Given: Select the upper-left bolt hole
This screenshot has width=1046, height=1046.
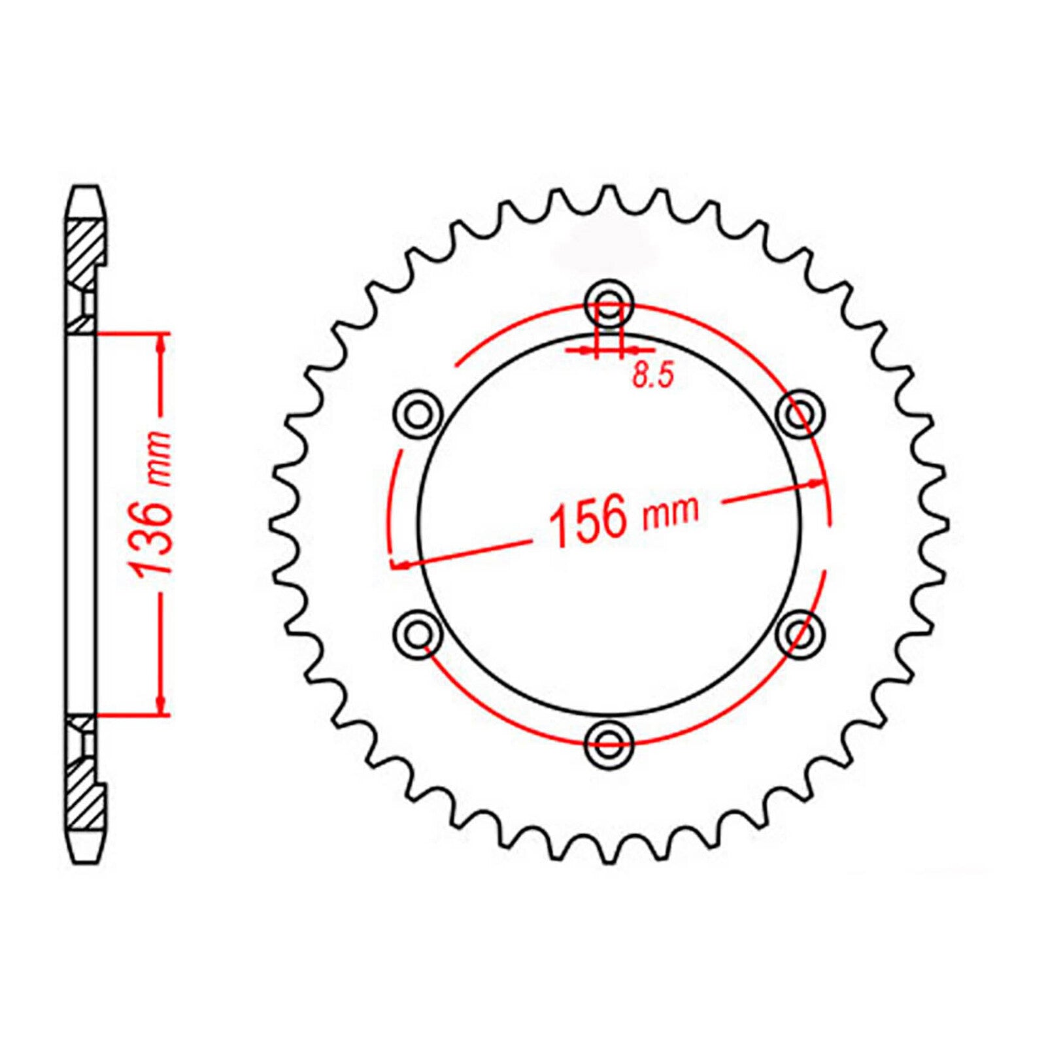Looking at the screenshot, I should click(418, 413).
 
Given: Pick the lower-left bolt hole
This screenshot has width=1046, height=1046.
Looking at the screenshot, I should click(418, 633).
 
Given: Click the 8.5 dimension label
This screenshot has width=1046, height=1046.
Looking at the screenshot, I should click(652, 377).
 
